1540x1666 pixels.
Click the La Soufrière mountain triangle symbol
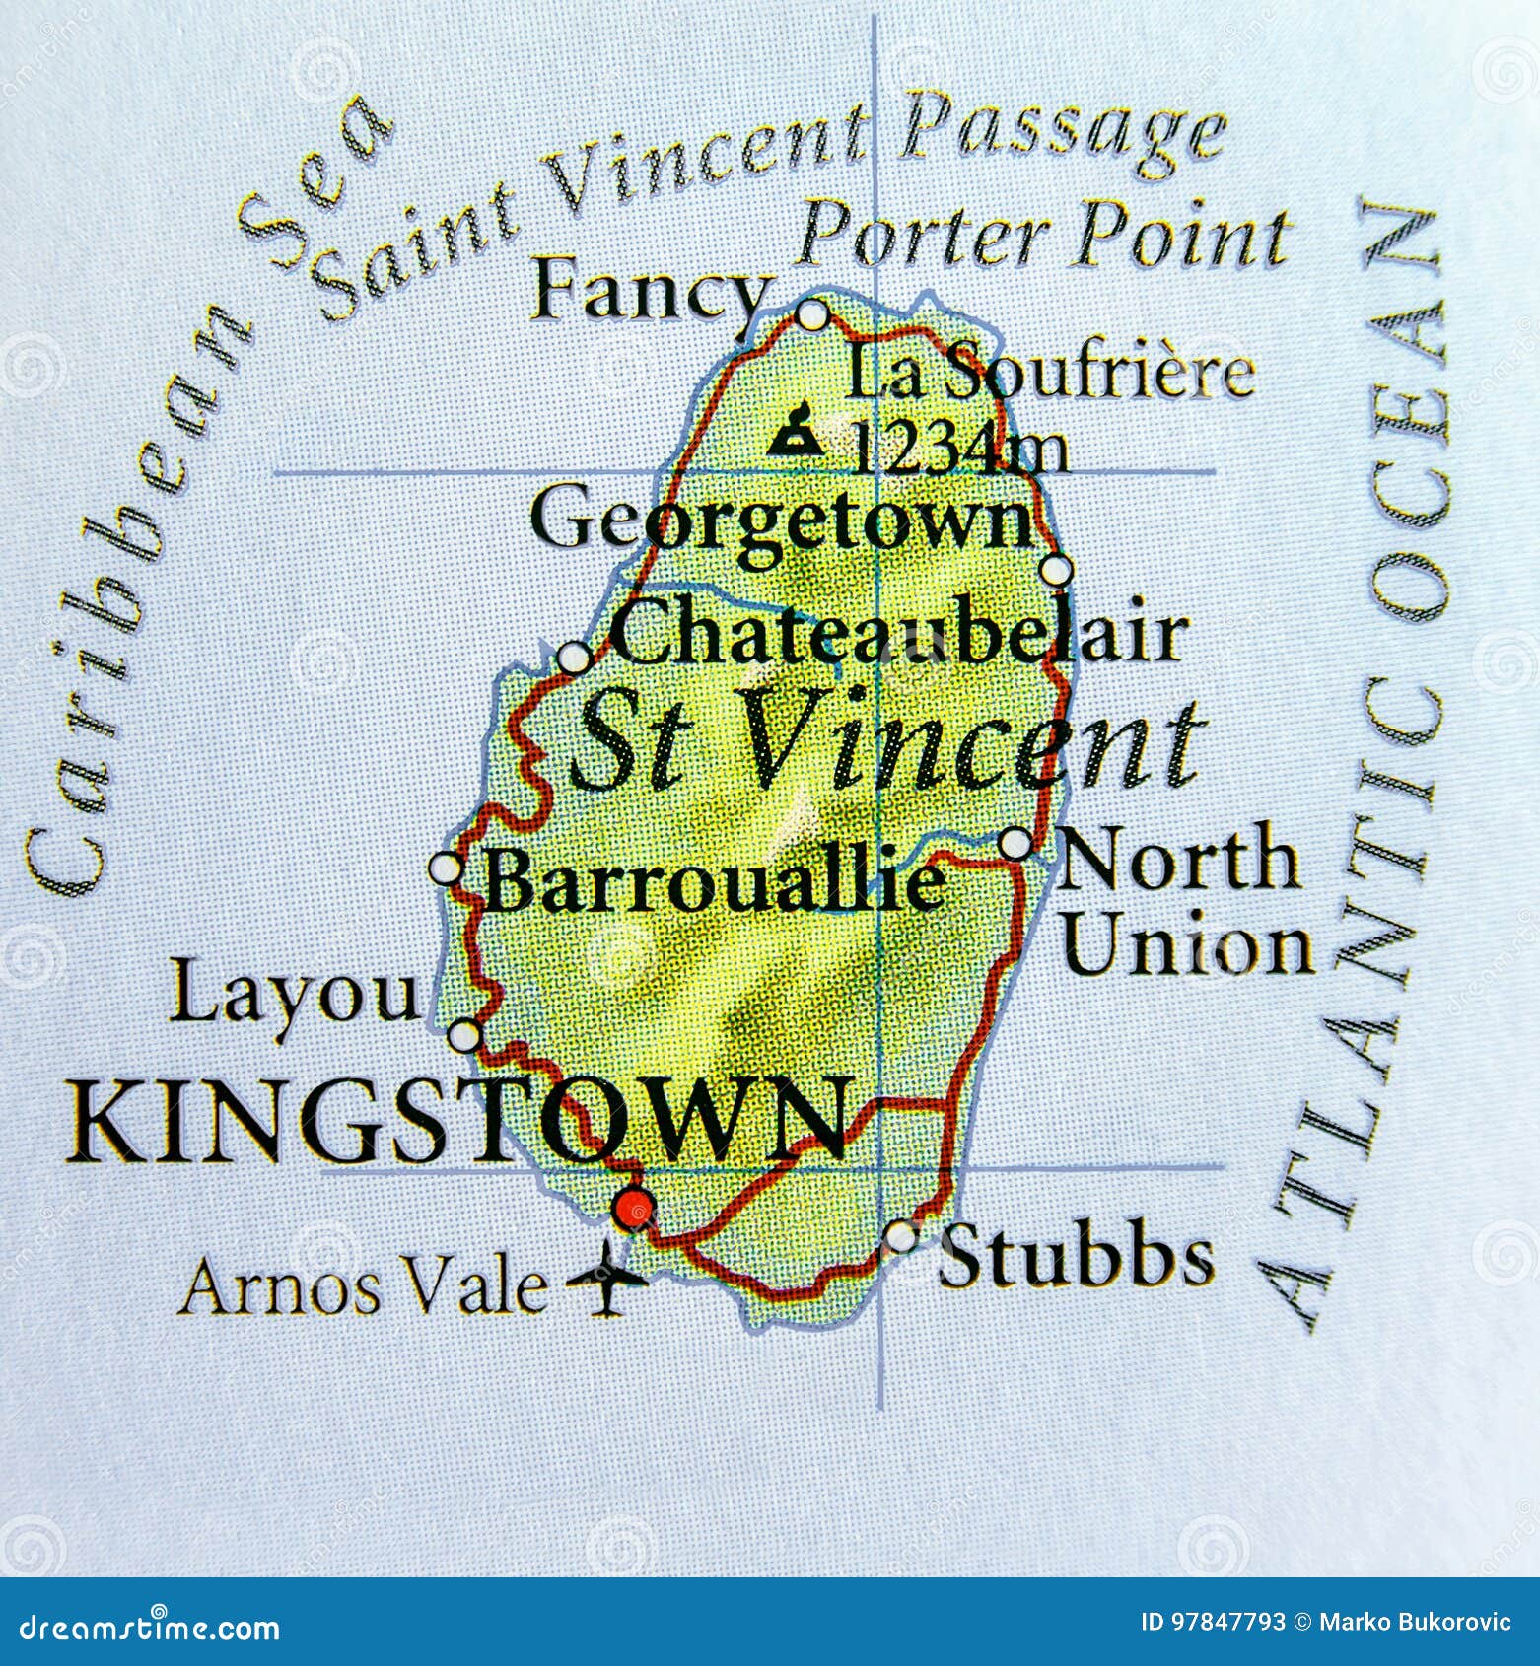(796, 430)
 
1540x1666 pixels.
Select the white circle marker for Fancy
(811, 314)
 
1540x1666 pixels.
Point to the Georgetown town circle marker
(1055, 570)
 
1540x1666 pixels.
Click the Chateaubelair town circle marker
(574, 657)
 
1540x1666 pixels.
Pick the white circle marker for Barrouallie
(446, 868)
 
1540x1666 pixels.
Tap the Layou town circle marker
(464, 1036)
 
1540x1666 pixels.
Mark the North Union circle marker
(1015, 844)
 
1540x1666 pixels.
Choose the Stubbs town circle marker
(900, 1235)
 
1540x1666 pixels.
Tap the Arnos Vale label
(363, 1286)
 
